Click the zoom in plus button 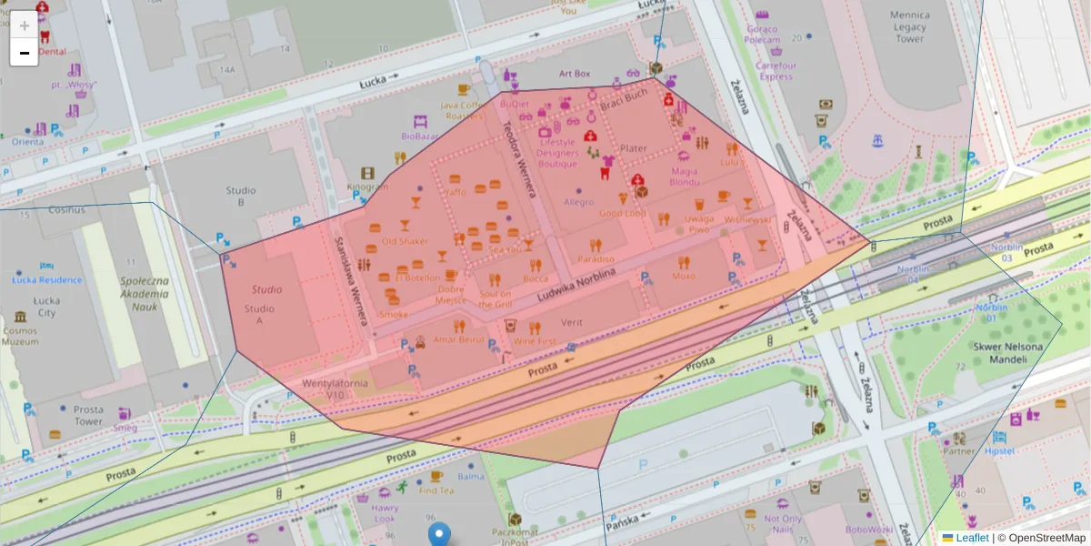pos(25,25)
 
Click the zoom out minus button pos(25,53)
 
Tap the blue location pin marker pos(439,535)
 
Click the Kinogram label pos(367,187)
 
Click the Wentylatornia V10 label pos(335,389)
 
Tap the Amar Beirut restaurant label pos(459,339)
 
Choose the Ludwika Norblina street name pos(576,283)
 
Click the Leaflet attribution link pos(971,538)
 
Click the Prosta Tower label pos(89,415)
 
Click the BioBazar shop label pos(419,136)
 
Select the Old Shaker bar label pos(405,241)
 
